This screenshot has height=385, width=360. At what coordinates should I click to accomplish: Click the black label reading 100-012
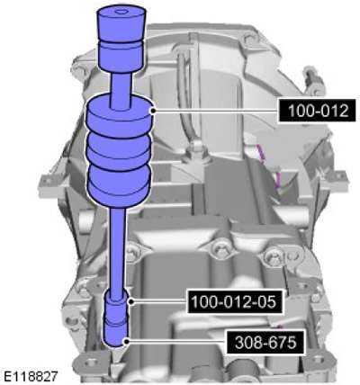click(x=318, y=111)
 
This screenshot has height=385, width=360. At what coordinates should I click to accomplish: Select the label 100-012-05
click(x=234, y=301)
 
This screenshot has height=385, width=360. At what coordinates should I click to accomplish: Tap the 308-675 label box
click(x=265, y=342)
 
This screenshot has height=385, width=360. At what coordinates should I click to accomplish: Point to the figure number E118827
click(x=30, y=376)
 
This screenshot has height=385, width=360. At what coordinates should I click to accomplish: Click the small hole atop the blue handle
click(x=121, y=12)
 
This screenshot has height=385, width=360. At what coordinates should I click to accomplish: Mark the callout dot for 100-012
click(x=153, y=111)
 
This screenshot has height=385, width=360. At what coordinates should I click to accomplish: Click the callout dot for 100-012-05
click(x=130, y=301)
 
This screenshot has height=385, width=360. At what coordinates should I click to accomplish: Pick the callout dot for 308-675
click(x=127, y=341)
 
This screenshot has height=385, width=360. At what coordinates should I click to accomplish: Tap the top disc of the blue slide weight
click(x=120, y=115)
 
